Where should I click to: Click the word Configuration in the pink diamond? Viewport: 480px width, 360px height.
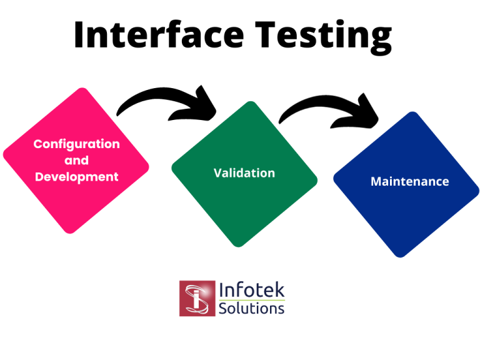[76, 144]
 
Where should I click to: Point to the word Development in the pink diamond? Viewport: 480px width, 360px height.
[76, 177]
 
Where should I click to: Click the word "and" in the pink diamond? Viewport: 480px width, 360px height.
[76, 161]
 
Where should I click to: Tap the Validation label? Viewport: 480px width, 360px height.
[244, 172]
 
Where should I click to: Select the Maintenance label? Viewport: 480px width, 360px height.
[409, 181]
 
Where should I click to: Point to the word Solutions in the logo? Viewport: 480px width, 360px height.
[252, 308]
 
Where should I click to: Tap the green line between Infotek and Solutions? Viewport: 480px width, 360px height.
[252, 299]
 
